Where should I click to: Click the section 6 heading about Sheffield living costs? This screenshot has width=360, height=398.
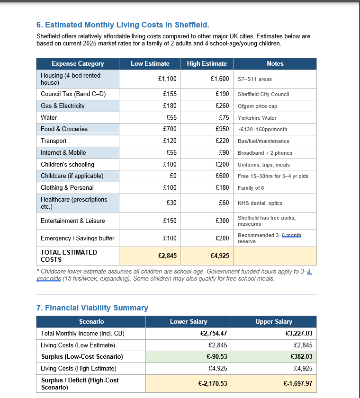tap(123, 25)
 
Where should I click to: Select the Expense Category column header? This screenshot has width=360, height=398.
tap(78, 63)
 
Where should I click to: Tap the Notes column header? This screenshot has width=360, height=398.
tap(275, 63)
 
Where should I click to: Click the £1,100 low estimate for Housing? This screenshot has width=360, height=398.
tap(167, 79)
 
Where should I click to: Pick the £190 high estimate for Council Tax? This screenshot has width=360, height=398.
tap(222, 94)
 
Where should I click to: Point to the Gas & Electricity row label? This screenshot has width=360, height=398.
tap(63, 106)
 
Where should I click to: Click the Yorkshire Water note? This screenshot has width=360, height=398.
tap(257, 118)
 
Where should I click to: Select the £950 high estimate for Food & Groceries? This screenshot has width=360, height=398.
tap(222, 129)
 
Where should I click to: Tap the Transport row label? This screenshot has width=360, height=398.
tap(54, 141)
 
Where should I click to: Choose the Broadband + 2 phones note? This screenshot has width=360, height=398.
tap(265, 153)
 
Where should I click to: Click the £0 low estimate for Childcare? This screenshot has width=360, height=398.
tap(172, 176)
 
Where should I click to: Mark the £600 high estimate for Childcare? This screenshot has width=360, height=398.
tap(222, 176)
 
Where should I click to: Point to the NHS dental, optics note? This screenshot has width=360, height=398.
tap(260, 203)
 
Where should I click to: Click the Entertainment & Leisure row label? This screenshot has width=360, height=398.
tap(73, 221)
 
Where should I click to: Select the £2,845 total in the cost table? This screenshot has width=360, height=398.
tap(167, 256)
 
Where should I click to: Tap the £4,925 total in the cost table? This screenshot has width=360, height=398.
tap(220, 256)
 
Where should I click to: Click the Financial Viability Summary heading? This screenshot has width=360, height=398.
tap(92, 308)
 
